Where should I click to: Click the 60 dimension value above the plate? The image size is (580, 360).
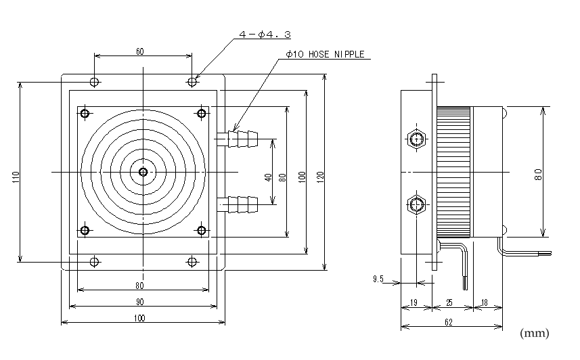(x=140, y=51)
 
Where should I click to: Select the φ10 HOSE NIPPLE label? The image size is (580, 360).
(x=325, y=55)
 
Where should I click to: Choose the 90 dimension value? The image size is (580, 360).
(x=139, y=302)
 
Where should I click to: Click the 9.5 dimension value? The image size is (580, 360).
(x=378, y=279)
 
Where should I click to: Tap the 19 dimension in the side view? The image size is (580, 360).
(x=414, y=303)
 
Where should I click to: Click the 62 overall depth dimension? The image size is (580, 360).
(x=449, y=323)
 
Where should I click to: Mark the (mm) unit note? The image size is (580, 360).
(x=534, y=334)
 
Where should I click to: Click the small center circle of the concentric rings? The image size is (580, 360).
(x=143, y=172)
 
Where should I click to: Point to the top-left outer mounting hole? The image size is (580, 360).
(x=95, y=83)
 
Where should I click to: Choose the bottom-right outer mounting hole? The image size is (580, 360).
(x=192, y=261)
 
